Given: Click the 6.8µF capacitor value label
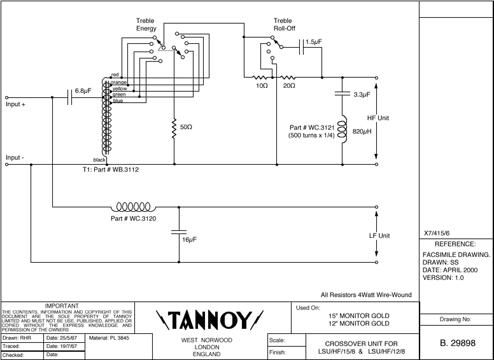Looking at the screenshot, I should (x=83, y=91).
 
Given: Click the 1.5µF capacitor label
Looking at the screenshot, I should (x=313, y=42).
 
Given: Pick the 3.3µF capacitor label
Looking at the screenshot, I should (x=362, y=95).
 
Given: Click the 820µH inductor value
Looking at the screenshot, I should (x=362, y=131).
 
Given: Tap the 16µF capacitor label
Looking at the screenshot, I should (x=189, y=240).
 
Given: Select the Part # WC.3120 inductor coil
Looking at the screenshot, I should (x=134, y=207).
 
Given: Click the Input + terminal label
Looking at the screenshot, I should (x=16, y=104).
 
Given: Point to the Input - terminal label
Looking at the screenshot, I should (x=15, y=157).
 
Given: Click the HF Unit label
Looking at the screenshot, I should (x=378, y=118).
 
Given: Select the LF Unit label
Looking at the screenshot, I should (x=379, y=236).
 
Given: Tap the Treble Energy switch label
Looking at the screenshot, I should (x=146, y=25).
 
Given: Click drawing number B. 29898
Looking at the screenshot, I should (x=457, y=343).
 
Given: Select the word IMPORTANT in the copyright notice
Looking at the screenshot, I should (x=67, y=307).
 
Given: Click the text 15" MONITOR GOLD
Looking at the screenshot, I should (x=358, y=315).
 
